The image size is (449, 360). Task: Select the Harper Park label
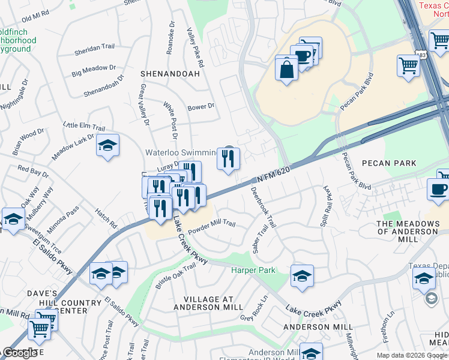click(253, 271)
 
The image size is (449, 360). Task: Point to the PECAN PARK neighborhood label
click(388, 163)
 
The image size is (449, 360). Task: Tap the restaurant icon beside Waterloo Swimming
click(228, 159)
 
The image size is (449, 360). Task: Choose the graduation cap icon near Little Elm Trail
click(107, 146)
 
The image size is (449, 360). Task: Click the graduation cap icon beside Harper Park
click(302, 276)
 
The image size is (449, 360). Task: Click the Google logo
click(19, 353)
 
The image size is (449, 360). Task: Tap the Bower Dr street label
click(200, 107)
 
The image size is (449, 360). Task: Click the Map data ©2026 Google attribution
click(412, 355)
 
